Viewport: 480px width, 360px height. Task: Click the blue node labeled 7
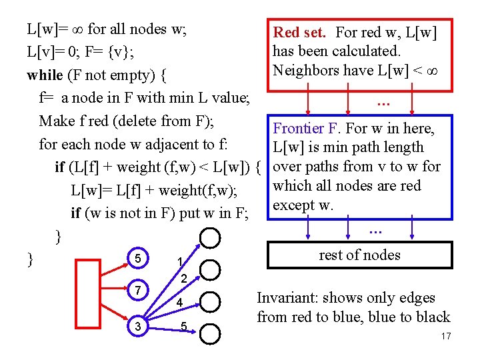(x=137, y=291)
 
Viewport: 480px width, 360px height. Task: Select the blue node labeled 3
(x=137, y=326)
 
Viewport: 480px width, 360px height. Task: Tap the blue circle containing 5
(x=137, y=258)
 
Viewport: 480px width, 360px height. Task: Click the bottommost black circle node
(x=210, y=333)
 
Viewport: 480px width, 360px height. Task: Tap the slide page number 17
(x=445, y=337)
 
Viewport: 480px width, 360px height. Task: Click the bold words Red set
(x=300, y=32)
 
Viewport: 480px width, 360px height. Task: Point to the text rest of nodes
(x=359, y=255)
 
